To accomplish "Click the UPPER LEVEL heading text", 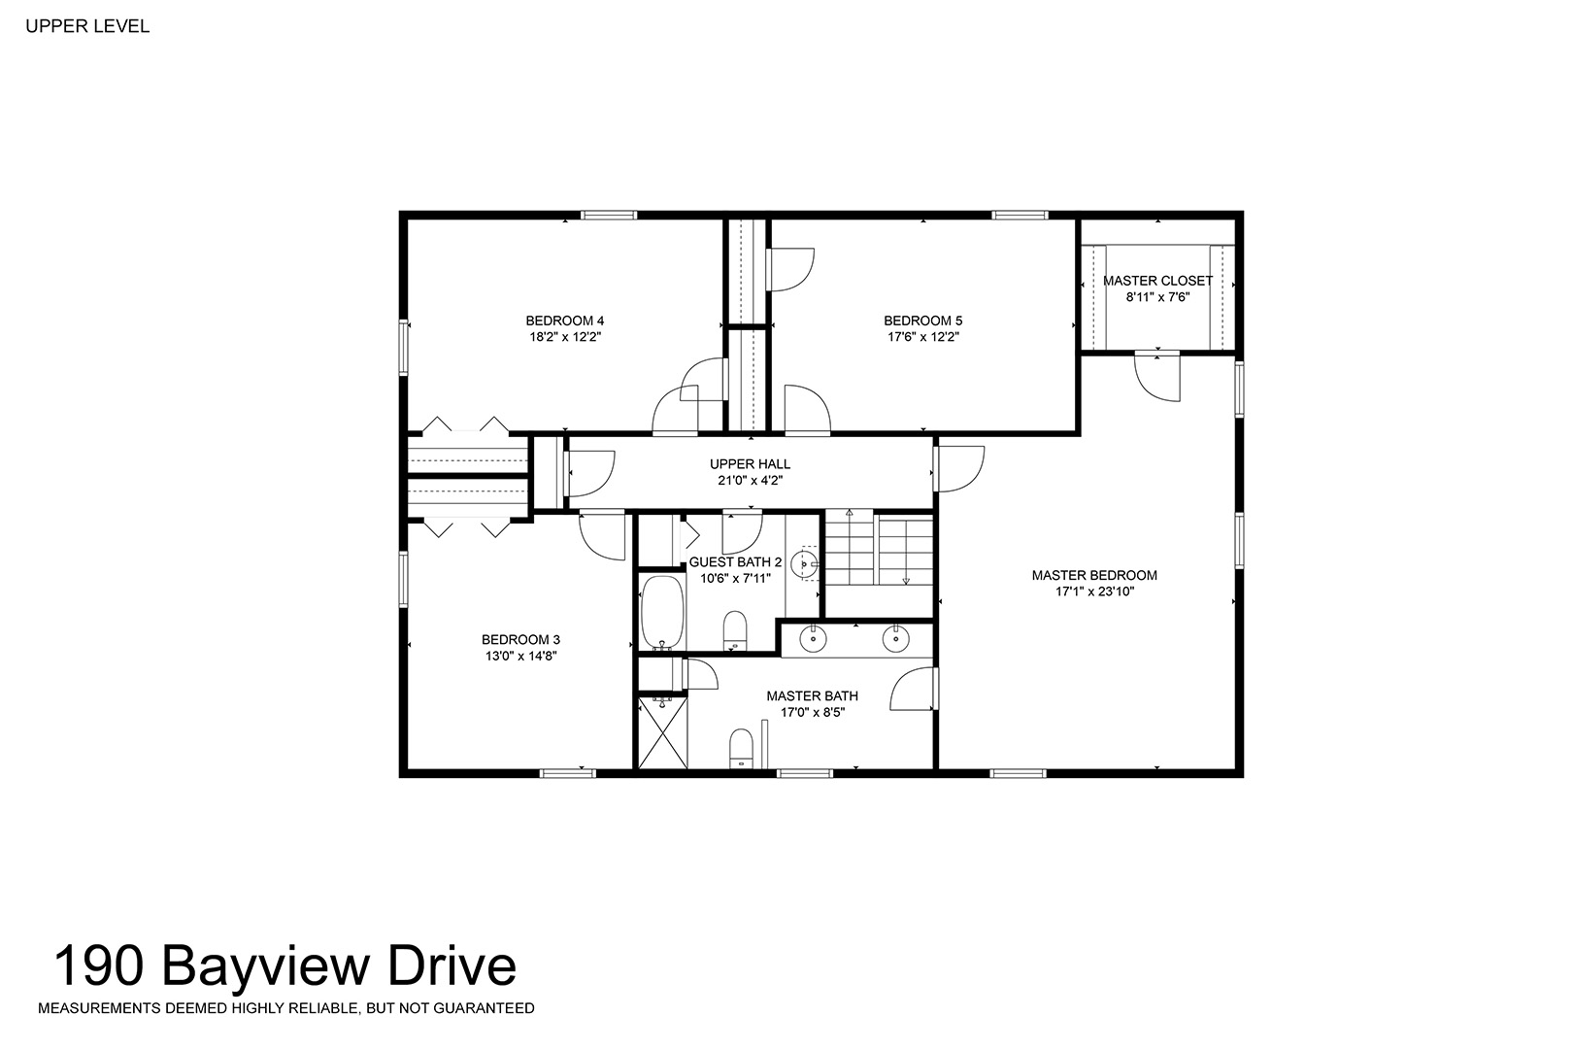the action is [87, 26].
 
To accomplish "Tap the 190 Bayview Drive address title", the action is [285, 966].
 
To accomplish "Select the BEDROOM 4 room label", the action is [564, 321].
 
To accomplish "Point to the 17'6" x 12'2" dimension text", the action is [922, 337].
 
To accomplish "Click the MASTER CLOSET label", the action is [1157, 281].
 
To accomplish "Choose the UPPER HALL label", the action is [750, 463].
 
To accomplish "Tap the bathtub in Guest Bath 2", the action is [662, 613].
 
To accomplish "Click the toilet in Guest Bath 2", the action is [735, 630].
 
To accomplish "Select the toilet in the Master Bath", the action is [742, 748].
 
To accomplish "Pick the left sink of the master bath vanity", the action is [813, 639].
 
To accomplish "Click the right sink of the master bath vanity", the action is [896, 639].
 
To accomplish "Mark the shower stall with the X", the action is [662, 732].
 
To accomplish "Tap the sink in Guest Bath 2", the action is [804, 563].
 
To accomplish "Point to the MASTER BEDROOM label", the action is [1094, 575].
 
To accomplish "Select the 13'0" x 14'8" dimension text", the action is [520, 657].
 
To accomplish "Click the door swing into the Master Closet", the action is [1158, 378].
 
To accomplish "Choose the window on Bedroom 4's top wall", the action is [609, 215].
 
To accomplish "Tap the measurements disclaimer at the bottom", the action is [285, 1008].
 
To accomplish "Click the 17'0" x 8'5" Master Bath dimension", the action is [813, 713].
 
